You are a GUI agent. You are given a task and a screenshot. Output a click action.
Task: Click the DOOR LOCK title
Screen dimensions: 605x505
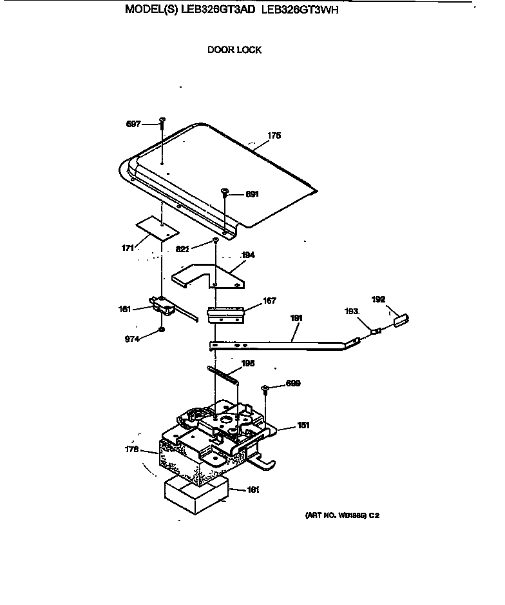coord(234,50)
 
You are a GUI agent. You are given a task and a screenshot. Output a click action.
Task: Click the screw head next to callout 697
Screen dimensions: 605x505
coord(162,120)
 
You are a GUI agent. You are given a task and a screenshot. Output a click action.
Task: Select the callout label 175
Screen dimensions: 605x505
coord(274,136)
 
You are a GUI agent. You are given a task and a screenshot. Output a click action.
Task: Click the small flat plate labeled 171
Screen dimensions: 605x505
coord(157,228)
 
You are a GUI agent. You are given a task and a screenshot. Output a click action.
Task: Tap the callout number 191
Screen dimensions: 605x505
coord(296,319)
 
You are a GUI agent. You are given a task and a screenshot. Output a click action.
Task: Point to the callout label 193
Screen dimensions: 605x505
coord(352,312)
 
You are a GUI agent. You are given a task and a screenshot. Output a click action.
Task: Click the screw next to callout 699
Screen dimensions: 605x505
coord(265,388)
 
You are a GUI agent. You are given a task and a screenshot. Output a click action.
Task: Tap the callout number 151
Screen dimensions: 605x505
coord(303,426)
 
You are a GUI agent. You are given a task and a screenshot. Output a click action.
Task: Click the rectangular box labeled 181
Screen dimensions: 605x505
coord(196,490)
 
